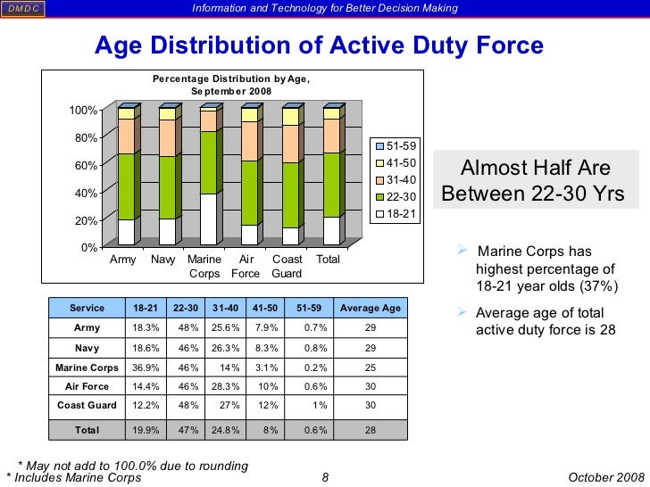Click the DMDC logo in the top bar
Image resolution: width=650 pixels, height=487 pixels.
(24, 9)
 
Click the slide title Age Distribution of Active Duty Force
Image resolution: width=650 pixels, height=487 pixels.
(319, 45)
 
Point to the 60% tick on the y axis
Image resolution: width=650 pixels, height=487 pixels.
(85, 165)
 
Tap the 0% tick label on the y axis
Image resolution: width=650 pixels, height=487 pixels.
(87, 247)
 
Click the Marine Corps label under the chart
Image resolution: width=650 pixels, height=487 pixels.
(204, 266)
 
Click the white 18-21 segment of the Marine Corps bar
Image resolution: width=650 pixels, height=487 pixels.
(207, 219)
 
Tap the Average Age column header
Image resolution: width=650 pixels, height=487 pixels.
(371, 308)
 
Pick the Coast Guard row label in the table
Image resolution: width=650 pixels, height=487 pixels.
(87, 406)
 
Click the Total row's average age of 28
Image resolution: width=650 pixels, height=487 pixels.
(371, 430)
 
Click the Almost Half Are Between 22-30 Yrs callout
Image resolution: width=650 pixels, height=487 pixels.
(534, 181)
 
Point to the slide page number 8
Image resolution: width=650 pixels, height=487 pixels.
(325, 478)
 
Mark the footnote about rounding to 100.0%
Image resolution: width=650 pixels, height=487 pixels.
(133, 466)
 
